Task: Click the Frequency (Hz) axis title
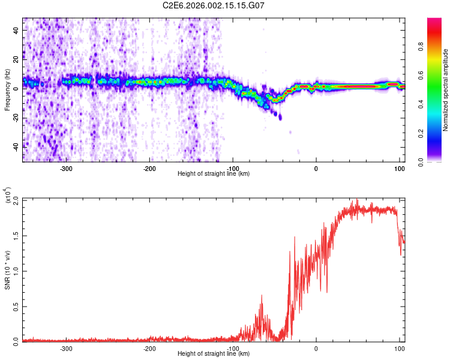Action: tap(7, 90)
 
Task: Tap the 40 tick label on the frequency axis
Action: tap(17, 29)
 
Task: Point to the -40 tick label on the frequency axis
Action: tap(16, 146)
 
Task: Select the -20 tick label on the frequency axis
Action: tap(16, 117)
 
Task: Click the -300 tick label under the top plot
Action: tap(67, 168)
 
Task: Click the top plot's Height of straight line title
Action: tap(214, 174)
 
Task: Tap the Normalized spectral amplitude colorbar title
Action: tap(445, 90)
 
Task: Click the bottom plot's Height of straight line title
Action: tap(214, 354)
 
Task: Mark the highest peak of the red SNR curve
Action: tap(357, 200)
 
